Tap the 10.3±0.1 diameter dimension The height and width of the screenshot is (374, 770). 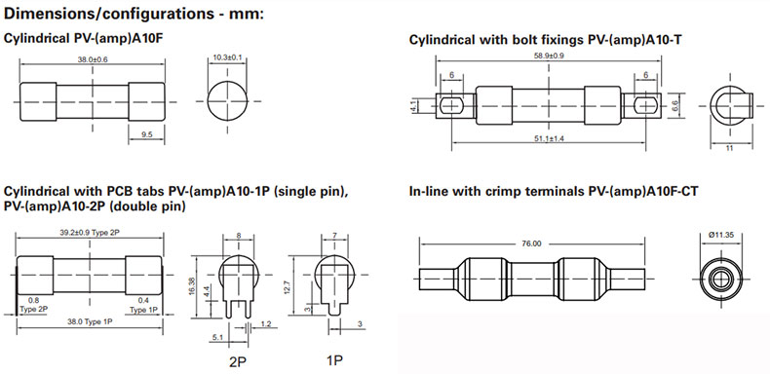tap(227, 57)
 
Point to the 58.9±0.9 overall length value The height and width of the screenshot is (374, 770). tap(549, 56)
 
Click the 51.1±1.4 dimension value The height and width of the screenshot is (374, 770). tap(549, 139)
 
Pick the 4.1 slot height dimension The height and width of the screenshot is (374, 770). tap(413, 105)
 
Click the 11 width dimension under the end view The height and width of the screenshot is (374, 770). tap(729, 148)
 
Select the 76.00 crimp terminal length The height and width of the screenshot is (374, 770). tap(532, 243)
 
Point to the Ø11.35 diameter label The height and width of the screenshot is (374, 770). tap(721, 235)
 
